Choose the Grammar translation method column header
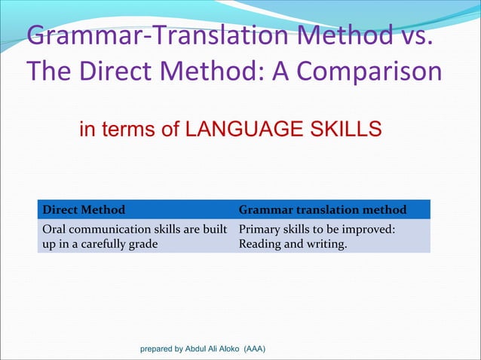pyautogui.click(x=323, y=209)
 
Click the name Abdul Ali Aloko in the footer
pyautogui.click(x=222, y=349)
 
